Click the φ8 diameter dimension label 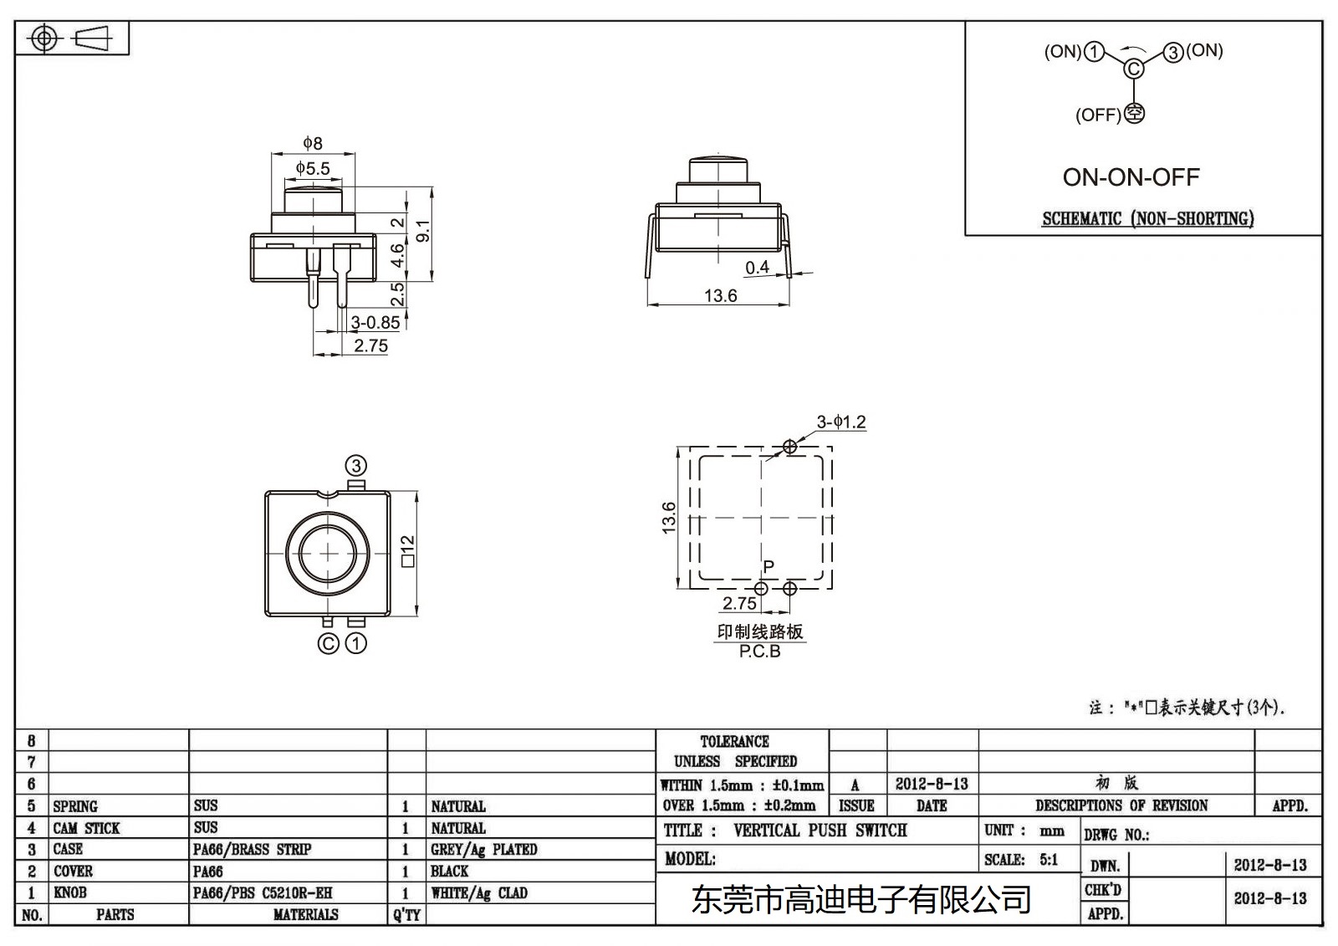(312, 144)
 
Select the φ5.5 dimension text (312, 169)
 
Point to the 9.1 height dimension (423, 232)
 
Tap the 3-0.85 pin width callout (374, 323)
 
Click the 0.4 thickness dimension (757, 268)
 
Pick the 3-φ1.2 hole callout (840, 422)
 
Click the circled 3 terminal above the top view (356, 466)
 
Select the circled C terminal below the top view (329, 643)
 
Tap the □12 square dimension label (408, 552)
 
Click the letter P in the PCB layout (769, 566)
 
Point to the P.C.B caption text (759, 652)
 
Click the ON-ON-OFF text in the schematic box (1131, 177)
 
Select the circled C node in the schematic (1133, 69)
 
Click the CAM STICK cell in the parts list (86, 828)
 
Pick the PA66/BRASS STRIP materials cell (252, 850)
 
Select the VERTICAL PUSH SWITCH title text (820, 831)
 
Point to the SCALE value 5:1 (1048, 860)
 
